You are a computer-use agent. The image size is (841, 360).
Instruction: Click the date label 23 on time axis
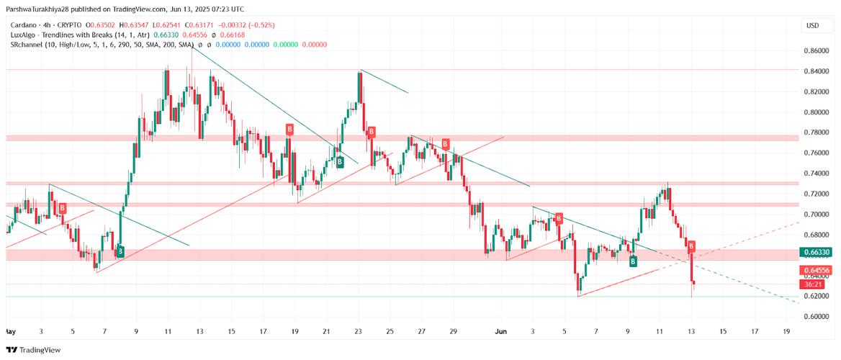[358, 331]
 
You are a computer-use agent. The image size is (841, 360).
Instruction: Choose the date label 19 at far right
[786, 331]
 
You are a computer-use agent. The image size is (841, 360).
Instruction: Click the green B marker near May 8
[120, 251]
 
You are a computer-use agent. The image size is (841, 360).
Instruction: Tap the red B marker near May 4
[63, 208]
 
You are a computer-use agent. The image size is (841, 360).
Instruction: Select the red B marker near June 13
[691, 246]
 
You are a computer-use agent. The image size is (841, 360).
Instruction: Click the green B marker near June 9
[633, 261]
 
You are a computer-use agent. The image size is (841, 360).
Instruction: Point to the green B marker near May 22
[340, 163]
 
